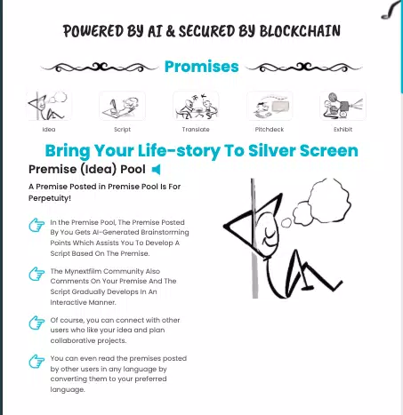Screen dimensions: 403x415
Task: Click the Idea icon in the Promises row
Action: (49, 106)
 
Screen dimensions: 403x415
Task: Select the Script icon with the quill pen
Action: (122, 106)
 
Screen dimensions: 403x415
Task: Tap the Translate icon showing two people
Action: (196, 106)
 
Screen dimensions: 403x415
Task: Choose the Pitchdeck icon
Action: (270, 106)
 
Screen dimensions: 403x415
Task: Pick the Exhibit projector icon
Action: (343, 106)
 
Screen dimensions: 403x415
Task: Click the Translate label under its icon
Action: (196, 130)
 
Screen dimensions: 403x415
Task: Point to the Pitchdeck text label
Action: (270, 130)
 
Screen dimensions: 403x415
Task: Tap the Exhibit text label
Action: (343, 130)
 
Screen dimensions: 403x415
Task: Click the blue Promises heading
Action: (202, 67)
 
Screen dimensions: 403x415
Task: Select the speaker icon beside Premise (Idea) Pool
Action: (157, 170)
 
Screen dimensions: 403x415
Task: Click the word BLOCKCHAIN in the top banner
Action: (300, 31)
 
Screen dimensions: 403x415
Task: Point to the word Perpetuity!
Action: (50, 198)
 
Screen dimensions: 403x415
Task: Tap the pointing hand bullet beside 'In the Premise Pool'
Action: (36, 225)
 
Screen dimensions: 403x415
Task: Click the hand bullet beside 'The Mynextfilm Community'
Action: (36, 274)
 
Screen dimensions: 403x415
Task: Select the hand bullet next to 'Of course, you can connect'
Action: (36, 323)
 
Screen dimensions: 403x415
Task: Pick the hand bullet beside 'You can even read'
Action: (36, 361)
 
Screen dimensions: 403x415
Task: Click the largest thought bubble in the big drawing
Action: (330, 197)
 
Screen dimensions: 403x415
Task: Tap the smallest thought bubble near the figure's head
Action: (286, 223)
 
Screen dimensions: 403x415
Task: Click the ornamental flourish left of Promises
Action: (100, 68)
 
